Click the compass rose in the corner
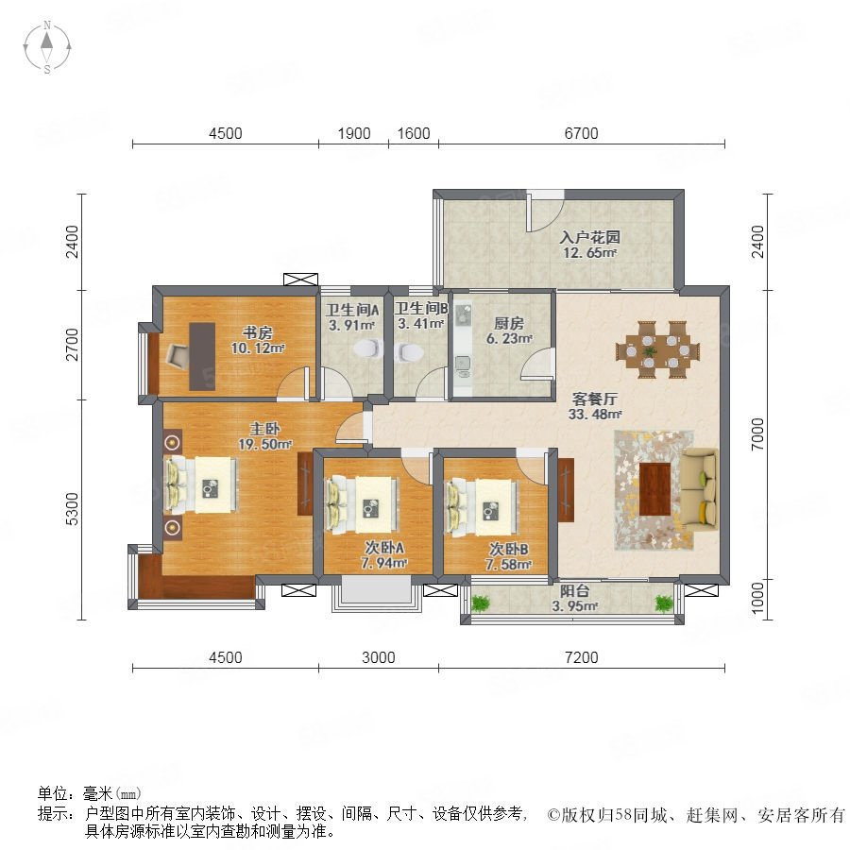[x=47, y=47]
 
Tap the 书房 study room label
[x=257, y=331]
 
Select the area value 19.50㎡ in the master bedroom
[x=265, y=444]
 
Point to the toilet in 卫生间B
[x=411, y=352]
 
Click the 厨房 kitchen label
[x=508, y=323]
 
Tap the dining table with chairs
[x=657, y=349]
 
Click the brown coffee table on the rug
[x=654, y=489]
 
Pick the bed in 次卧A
[x=362, y=501]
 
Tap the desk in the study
[x=202, y=356]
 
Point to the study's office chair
[x=177, y=356]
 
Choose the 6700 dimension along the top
[x=581, y=133]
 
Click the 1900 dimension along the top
[x=354, y=133]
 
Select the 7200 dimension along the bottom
[x=581, y=657]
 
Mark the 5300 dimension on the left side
[x=72, y=510]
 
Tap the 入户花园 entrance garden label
[x=589, y=237]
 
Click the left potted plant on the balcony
[x=481, y=603]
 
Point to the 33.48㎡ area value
[x=595, y=415]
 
